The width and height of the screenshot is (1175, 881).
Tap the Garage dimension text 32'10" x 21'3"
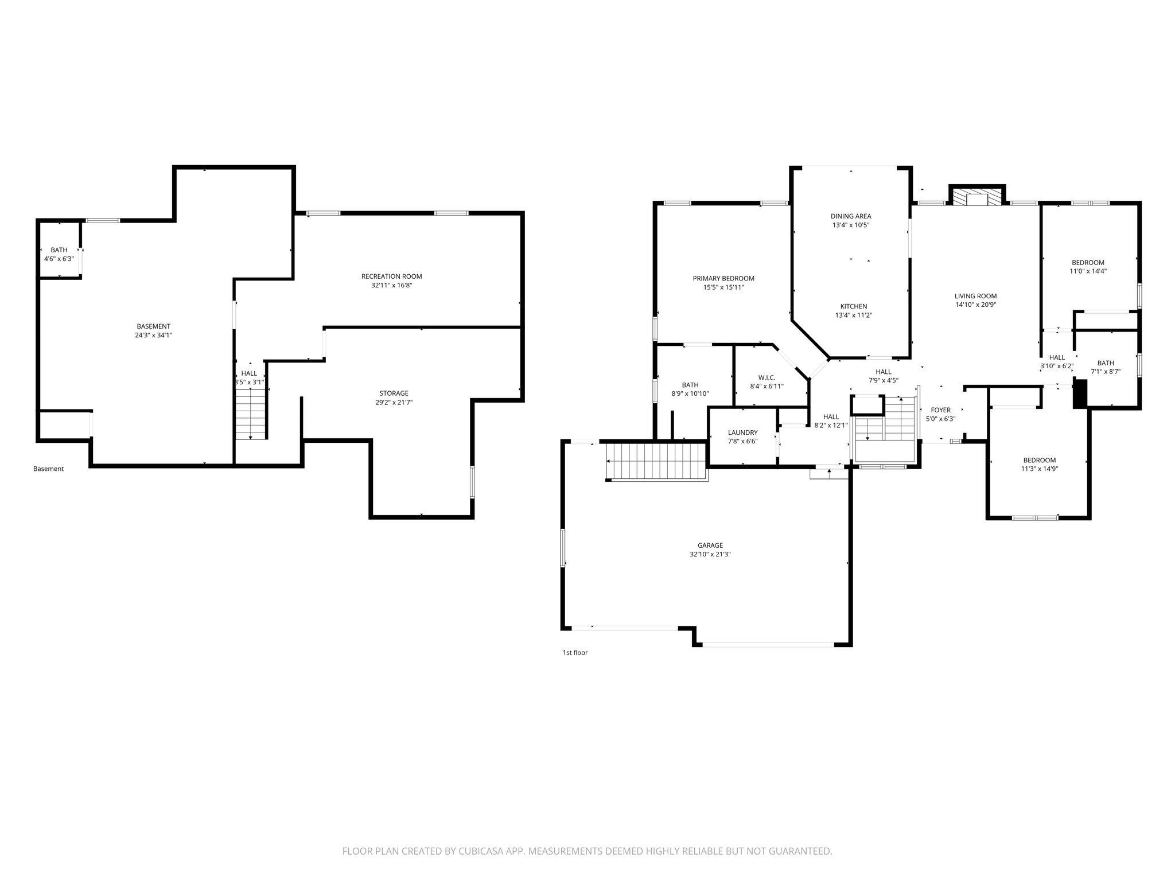coord(710,555)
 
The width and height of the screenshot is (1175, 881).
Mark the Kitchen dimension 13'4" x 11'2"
coord(854,315)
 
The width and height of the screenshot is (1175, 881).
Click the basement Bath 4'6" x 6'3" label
coord(59,254)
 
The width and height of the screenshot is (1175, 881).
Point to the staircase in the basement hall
coord(251,414)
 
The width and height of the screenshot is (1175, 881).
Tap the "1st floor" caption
coord(575,652)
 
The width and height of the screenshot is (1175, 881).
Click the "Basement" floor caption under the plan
coord(48,469)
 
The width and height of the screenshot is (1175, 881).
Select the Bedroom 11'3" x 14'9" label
coord(1040,464)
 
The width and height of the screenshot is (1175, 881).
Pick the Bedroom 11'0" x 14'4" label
coord(1088,267)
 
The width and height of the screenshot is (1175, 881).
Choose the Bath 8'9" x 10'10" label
coord(690,389)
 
